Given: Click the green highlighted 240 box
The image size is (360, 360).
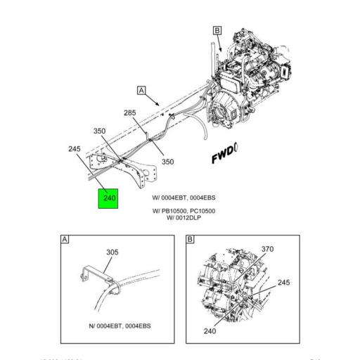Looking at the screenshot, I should click(x=108, y=198).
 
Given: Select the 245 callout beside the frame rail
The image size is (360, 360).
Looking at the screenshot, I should click(x=75, y=150).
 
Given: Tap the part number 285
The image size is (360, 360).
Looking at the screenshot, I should click(x=130, y=112).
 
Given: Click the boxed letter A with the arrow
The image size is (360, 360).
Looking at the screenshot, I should click(x=141, y=91).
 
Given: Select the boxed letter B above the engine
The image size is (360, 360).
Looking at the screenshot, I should click(x=217, y=30).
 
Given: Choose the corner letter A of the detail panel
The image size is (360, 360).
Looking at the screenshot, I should click(x=65, y=240).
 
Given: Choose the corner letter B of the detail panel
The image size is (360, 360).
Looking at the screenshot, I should click(x=189, y=240).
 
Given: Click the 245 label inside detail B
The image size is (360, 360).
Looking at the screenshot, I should click(x=283, y=283).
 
